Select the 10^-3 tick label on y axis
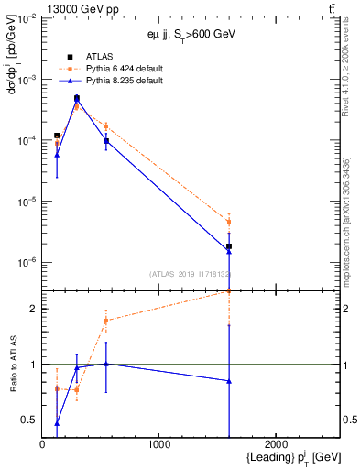(x=26, y=81)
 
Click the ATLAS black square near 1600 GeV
(x=229, y=246)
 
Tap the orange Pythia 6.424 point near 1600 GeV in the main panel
(x=229, y=222)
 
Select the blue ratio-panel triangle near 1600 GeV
(x=229, y=381)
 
